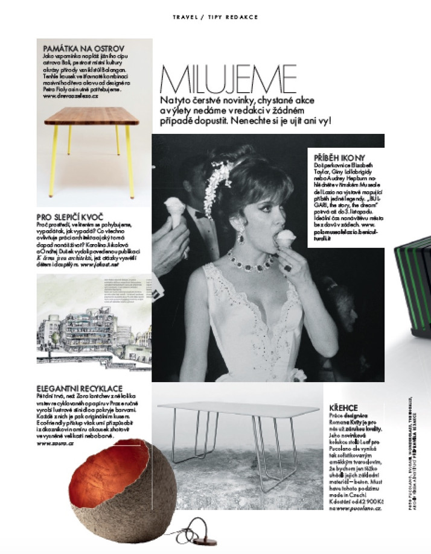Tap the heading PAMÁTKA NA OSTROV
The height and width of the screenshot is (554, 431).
click(84, 48)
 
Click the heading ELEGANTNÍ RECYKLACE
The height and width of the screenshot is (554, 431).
click(80, 388)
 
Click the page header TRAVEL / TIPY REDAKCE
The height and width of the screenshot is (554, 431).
click(215, 17)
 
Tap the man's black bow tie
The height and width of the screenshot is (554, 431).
click(197, 213)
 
